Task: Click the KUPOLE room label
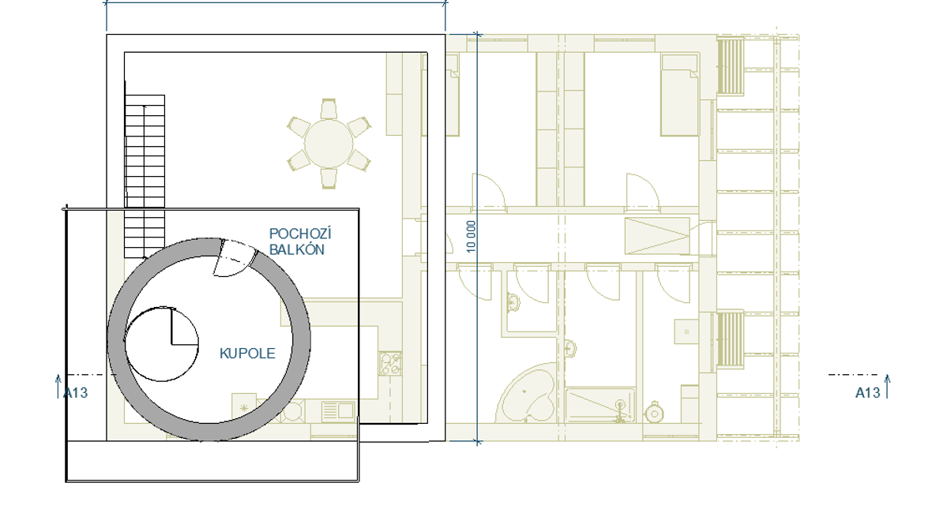tap(247, 354)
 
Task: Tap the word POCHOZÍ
tap(300, 234)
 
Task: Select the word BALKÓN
tap(297, 249)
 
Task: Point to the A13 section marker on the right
tap(867, 393)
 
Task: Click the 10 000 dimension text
tap(471, 237)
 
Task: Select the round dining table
tap(329, 144)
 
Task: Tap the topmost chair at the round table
tap(329, 109)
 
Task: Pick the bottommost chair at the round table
tap(329, 178)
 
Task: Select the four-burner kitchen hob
tap(390, 364)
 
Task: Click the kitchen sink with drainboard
tap(337, 410)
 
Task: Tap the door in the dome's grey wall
tap(235, 258)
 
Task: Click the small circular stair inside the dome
tap(162, 344)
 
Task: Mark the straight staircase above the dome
tap(145, 177)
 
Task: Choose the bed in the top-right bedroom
tap(680, 95)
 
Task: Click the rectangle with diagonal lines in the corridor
tap(657, 236)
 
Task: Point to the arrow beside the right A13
tap(887, 386)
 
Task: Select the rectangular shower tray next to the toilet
tap(600, 405)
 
